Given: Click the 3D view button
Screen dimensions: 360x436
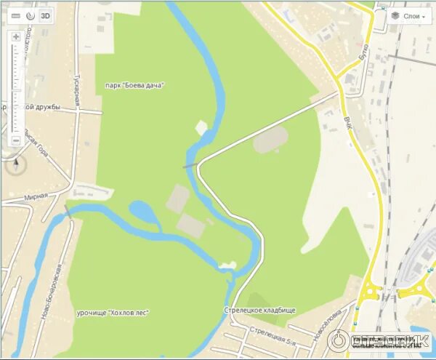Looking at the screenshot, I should tap(45, 15).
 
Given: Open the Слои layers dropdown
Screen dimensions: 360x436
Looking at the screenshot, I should tap(408, 15).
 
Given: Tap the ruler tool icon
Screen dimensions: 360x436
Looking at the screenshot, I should tap(15, 15).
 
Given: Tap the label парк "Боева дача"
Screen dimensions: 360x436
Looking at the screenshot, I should tap(134, 85).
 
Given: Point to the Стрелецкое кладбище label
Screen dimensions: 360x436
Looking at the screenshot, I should tap(260, 311).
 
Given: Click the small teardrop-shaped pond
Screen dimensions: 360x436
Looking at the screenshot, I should tap(143, 213).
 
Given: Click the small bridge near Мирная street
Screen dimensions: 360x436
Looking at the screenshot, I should tap(68, 211).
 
